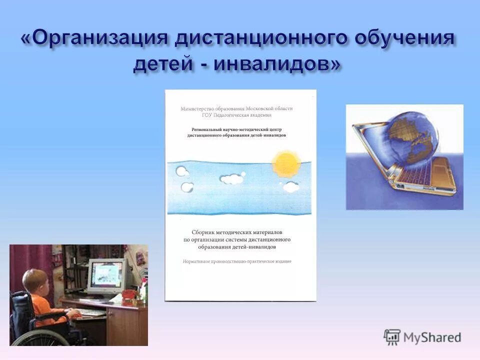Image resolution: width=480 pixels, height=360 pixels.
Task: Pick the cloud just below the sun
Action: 290,187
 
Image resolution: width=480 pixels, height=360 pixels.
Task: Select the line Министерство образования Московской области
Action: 236,108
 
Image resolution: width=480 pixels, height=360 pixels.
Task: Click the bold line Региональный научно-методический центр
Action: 236,128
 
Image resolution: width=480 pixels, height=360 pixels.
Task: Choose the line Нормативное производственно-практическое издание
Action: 236,261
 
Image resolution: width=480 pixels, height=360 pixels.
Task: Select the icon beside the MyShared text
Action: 392,337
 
